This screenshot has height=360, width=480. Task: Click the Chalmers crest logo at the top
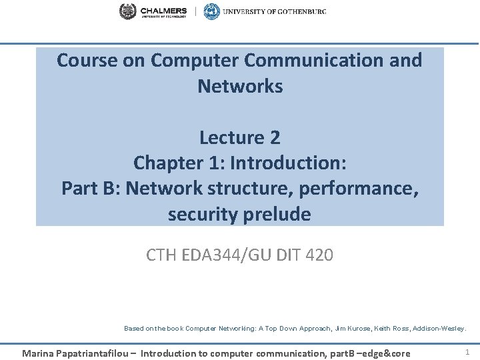point(127,11)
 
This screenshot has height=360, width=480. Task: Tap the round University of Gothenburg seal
point(211,11)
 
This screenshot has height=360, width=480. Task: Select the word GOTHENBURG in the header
point(300,11)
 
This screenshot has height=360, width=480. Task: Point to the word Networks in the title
point(240,86)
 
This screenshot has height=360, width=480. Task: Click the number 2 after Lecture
point(275,137)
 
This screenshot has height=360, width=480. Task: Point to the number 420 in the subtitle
point(318,254)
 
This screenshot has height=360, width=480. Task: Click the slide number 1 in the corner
point(467,351)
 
